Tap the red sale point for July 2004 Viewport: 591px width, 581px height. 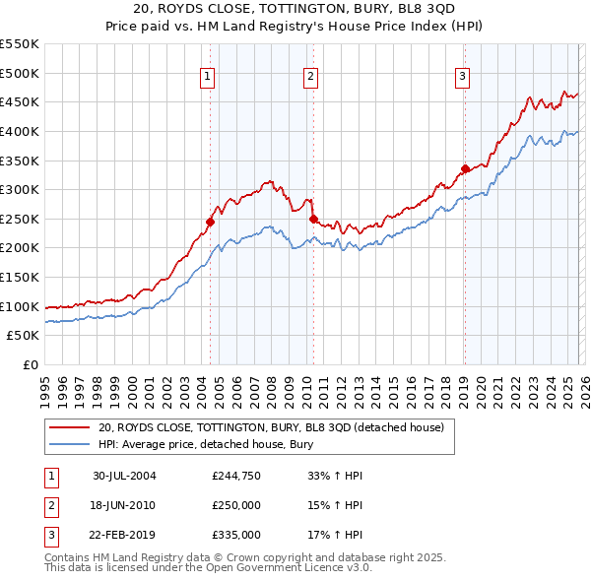coord(211,222)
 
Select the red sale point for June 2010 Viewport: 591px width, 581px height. coord(313,219)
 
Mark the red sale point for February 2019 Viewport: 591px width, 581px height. coord(465,168)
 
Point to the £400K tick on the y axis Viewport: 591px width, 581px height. coord(20,131)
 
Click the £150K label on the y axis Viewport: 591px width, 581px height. coord(20,277)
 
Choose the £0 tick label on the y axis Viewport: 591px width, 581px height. coord(30,364)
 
